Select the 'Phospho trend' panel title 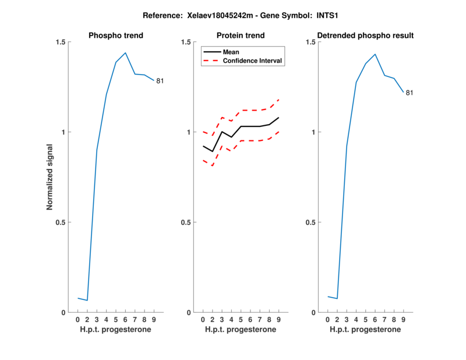click(116, 36)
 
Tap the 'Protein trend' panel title click(241, 36)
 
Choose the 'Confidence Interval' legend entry click(253, 61)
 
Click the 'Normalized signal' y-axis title click(50, 177)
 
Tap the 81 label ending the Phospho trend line click(160, 81)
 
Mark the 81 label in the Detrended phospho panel click(409, 93)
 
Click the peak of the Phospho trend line click(125, 53)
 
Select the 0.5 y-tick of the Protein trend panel click(186, 223)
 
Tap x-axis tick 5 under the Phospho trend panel click(116, 320)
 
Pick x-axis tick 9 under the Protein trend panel click(278, 320)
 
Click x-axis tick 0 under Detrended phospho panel click(328, 320)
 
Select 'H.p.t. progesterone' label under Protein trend click(241, 330)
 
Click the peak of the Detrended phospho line click(375, 54)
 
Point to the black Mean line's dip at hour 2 click(213, 151)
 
